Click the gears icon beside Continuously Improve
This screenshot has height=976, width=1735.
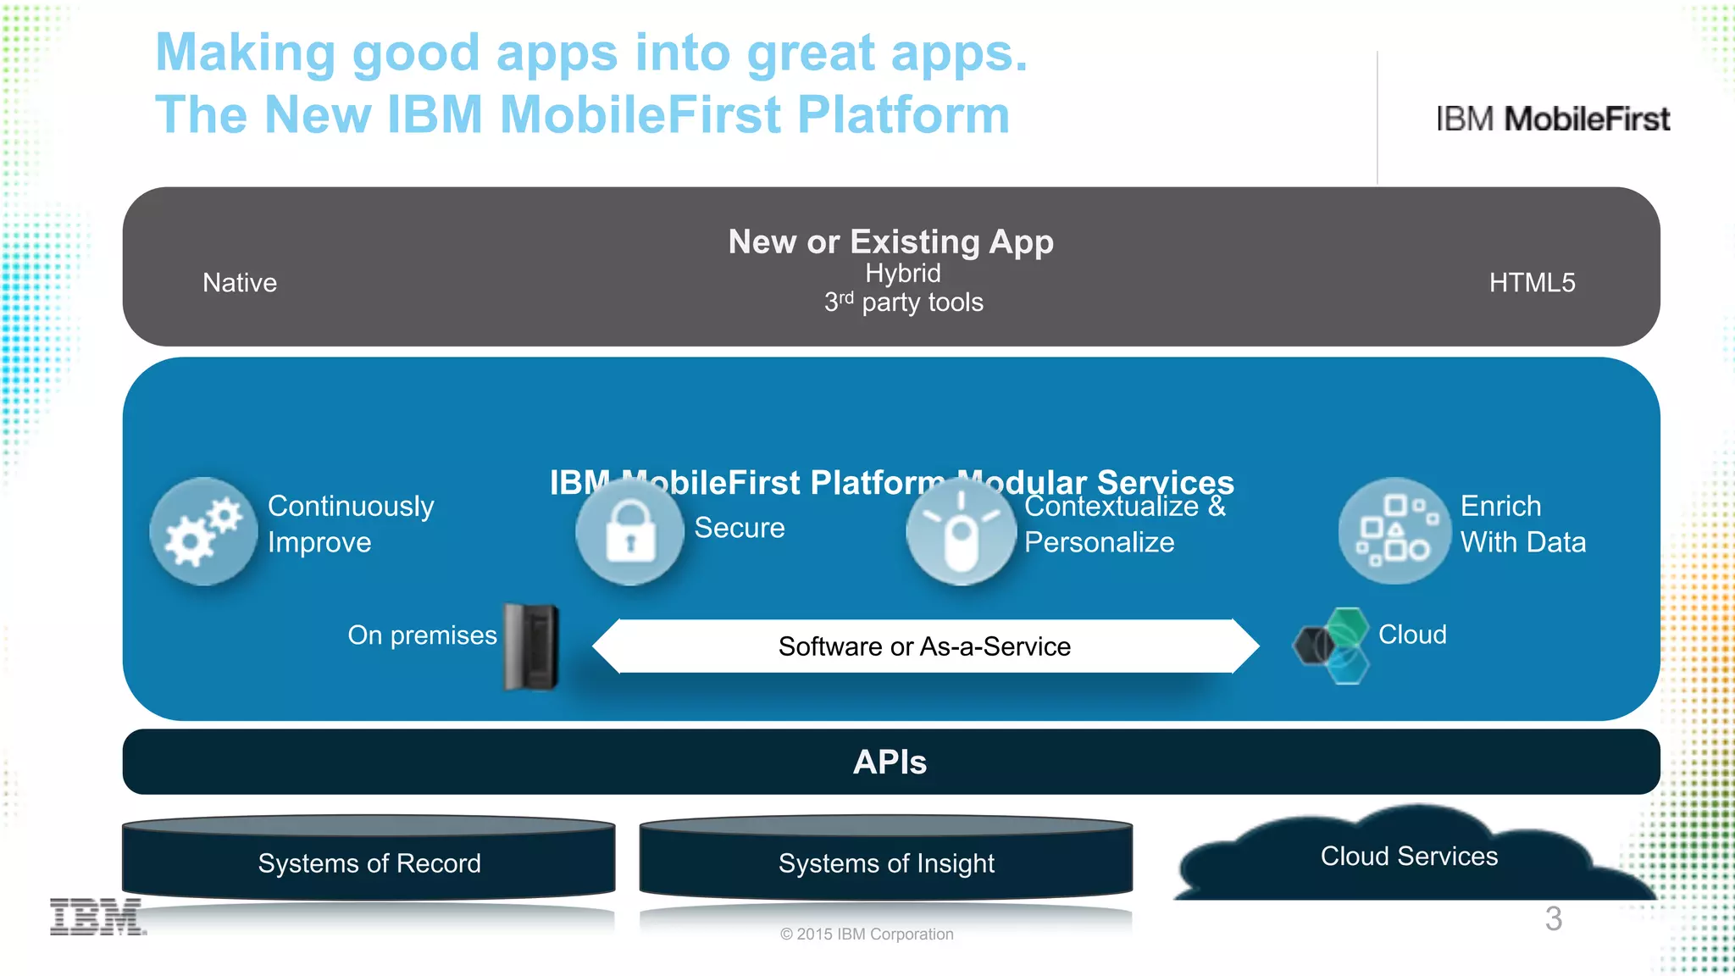point(203,531)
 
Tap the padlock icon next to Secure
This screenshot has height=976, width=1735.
point(629,531)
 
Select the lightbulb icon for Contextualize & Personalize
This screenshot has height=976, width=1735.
point(961,531)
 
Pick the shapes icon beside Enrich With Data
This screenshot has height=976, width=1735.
point(1394,531)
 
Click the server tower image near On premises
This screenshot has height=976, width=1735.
point(531,646)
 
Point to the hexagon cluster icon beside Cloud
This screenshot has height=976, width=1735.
point(1333,645)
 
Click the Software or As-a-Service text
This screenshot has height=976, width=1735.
point(924,646)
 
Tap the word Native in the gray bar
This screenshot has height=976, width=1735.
point(240,282)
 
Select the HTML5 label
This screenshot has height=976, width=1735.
point(1532,282)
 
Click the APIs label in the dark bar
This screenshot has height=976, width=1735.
point(890,762)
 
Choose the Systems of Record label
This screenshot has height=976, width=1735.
point(369,862)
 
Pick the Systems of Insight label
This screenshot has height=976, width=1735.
point(886,862)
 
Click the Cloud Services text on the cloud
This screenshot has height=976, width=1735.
point(1409,856)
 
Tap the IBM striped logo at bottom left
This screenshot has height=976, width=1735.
point(97,917)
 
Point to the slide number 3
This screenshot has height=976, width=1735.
point(1553,918)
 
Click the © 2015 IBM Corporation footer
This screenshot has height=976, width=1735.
point(867,934)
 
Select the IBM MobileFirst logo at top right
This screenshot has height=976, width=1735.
point(1553,119)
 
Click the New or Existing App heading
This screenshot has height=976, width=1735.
point(890,241)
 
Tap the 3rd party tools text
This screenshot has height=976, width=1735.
point(904,302)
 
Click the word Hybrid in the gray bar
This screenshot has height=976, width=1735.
point(903,273)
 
